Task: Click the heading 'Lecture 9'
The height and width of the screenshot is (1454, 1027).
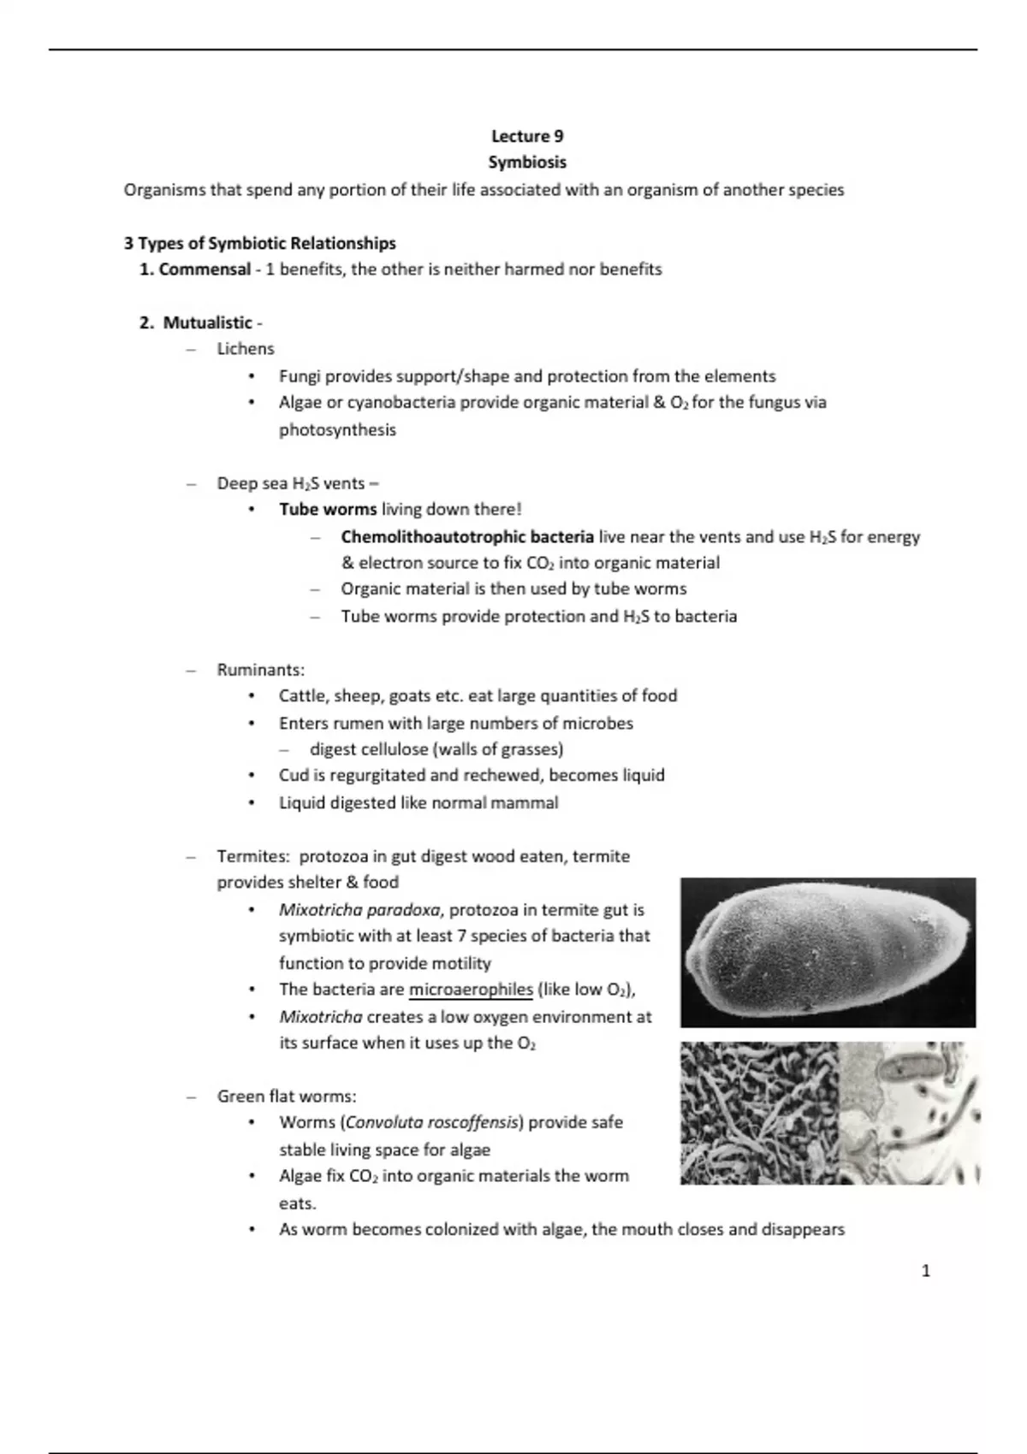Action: [x=527, y=136]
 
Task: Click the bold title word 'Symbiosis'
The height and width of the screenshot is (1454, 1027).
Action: [x=527, y=162]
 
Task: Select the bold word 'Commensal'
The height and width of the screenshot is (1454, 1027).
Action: [x=205, y=269]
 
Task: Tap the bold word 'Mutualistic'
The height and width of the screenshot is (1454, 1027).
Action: [x=208, y=322]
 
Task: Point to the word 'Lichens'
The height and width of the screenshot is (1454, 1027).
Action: [x=246, y=349]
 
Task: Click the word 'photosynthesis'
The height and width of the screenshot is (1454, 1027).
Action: [x=337, y=429]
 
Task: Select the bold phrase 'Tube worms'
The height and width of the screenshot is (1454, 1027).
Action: [x=328, y=510]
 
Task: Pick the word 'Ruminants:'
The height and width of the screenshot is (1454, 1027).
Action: [x=260, y=670]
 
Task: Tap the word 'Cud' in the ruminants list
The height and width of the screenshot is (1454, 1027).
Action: [x=292, y=775]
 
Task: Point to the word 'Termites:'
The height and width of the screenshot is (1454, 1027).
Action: [x=253, y=856]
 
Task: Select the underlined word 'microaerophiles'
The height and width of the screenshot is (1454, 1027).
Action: [x=471, y=990]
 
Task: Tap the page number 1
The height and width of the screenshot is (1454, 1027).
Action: [x=925, y=1271]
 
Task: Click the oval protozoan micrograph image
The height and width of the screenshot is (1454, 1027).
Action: [x=828, y=952]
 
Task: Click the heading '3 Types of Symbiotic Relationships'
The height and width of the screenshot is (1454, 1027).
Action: [x=259, y=243]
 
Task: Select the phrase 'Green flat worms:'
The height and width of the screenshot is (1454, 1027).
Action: [x=287, y=1096]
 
